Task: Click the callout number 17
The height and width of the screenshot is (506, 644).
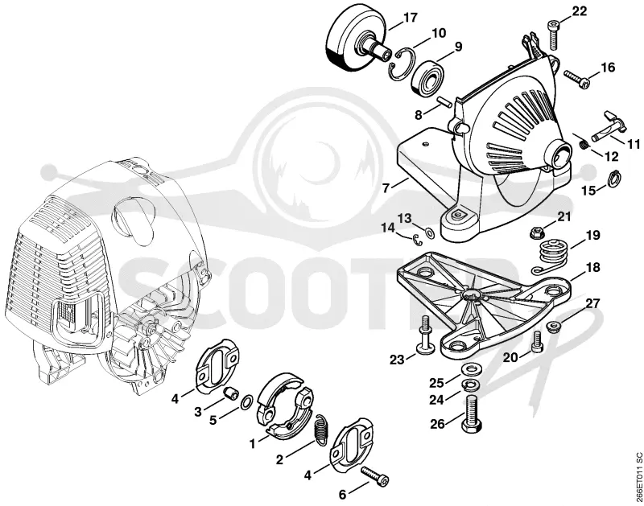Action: pyautogui.click(x=411, y=18)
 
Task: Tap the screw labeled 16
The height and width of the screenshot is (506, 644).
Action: pyautogui.click(x=577, y=79)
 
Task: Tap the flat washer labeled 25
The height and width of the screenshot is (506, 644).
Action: pyautogui.click(x=469, y=369)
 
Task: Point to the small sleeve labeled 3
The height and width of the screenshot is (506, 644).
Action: pyautogui.click(x=231, y=393)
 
